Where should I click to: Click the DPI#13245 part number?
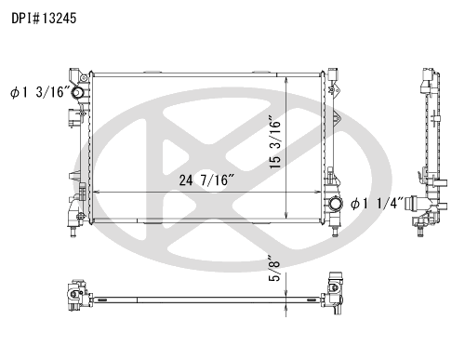point(44,19)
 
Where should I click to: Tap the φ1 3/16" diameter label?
point(40,92)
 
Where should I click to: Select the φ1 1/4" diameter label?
point(377,204)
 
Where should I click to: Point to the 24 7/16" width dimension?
point(206,180)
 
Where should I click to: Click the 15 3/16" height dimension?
point(275,142)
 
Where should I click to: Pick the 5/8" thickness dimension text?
point(274,268)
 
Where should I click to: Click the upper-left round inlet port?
point(77,92)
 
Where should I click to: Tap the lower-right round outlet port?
point(335,204)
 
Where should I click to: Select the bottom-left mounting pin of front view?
point(73,232)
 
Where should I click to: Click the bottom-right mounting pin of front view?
point(335,232)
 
